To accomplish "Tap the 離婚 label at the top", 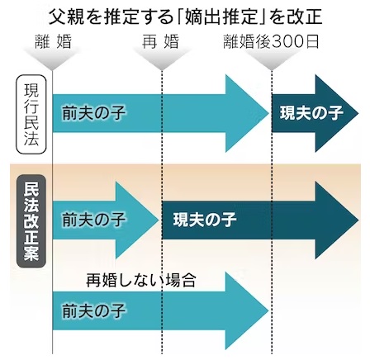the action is pos(53,41).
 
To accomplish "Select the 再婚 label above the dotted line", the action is pos(160,41).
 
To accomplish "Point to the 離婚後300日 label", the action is pos(271,41).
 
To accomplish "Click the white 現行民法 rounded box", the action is pos(31,114).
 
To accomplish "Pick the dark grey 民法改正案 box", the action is pos(31,221).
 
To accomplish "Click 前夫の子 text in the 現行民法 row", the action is pos(93,113).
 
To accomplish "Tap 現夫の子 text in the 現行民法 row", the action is pos(311,113).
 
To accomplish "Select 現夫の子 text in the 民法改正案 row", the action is pos(205,220).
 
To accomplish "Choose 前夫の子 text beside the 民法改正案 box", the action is pos(93,220).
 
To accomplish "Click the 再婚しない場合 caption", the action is pos(140,281).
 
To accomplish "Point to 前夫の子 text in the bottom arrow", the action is pos(93,311).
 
